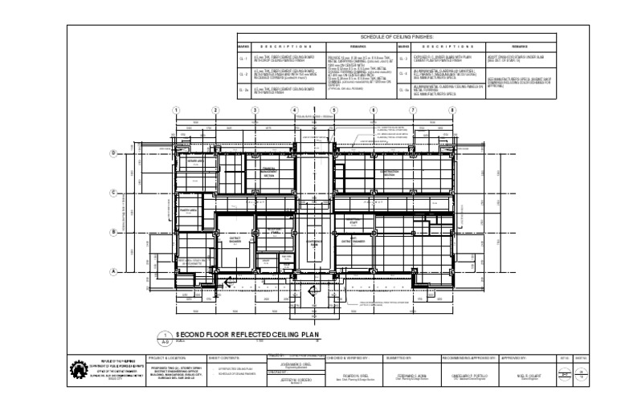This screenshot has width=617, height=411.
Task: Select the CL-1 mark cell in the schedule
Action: pyautogui.click(x=243, y=59)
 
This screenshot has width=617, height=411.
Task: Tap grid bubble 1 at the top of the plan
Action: pyautogui.click(x=177, y=110)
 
